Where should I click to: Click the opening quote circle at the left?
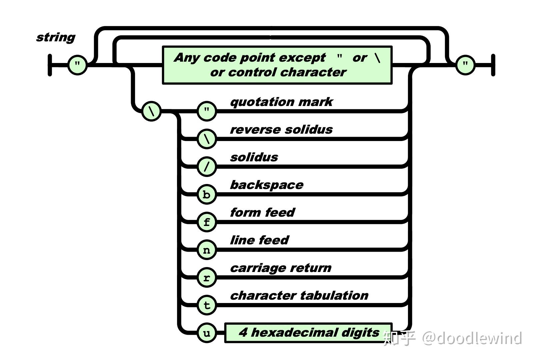tap(77, 65)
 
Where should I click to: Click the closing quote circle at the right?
tap(465, 65)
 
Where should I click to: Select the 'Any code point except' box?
tap(277, 65)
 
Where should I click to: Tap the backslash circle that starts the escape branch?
tap(152, 111)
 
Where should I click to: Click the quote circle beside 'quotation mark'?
tap(207, 111)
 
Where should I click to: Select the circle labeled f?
tap(207, 222)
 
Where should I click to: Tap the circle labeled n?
tap(207, 250)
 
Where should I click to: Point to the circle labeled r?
tap(207, 277)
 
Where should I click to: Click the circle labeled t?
tap(207, 305)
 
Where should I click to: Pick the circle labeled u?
tap(207, 333)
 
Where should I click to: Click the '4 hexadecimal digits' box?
tap(308, 333)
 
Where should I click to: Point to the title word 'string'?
tap(56, 37)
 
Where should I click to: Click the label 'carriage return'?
tap(281, 268)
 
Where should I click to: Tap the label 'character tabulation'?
tap(299, 296)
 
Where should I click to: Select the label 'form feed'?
tap(262, 213)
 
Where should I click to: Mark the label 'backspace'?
tap(267, 185)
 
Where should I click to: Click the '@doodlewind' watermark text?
tap(471, 338)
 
